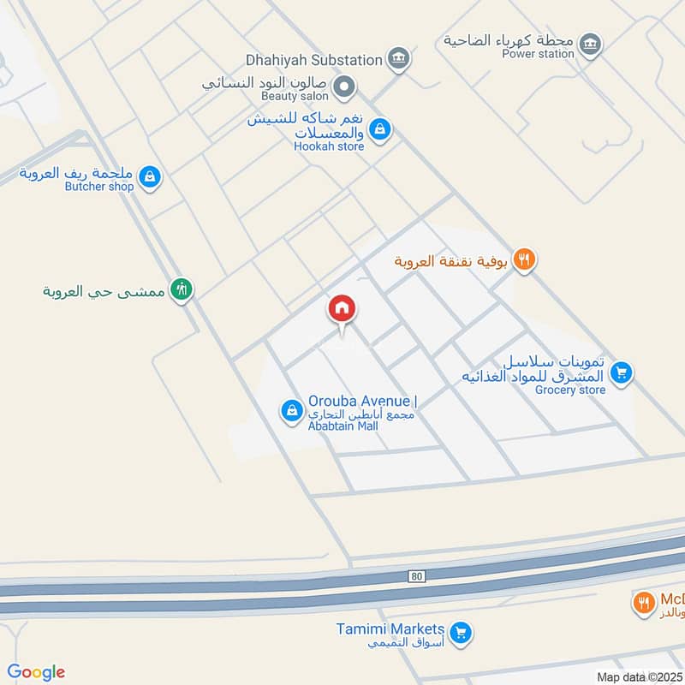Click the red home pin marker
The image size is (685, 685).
click(342, 311)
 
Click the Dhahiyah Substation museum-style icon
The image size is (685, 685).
click(398, 59)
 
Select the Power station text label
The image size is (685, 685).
click(539, 54)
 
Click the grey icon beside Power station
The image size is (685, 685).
click(590, 44)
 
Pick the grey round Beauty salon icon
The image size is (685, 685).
click(345, 86)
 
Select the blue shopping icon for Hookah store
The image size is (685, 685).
click(381, 130)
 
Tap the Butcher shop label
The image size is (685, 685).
click(99, 186)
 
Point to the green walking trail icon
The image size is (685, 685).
click(181, 289)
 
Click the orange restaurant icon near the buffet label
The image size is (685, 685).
click(525, 259)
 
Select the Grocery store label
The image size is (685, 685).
click(570, 390)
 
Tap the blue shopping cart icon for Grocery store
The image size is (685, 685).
click(622, 372)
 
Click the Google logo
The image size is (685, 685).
click(36, 671)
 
